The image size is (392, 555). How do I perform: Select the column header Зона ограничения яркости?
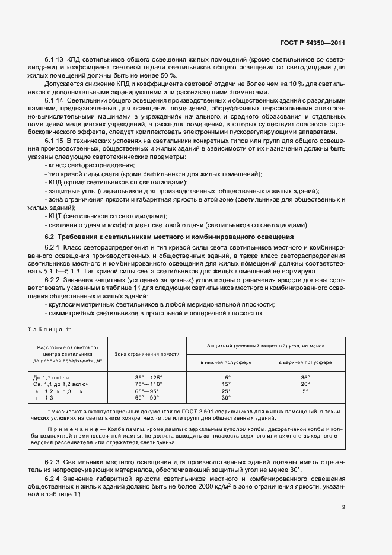[x=148, y=354]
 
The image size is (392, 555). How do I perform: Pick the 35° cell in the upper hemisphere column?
[x=305, y=377]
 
